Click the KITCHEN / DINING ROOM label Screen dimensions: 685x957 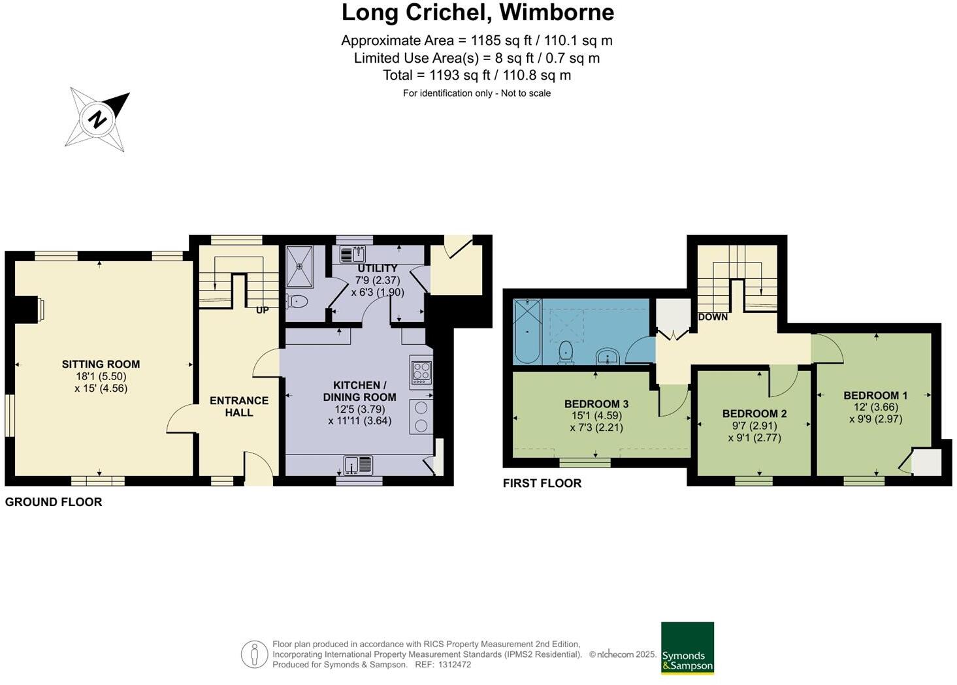tap(359, 391)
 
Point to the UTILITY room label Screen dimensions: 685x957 tap(377, 268)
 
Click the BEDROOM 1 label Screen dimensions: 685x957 tap(875, 395)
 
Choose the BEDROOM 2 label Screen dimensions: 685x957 tap(754, 413)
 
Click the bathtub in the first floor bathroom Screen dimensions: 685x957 tap(527, 331)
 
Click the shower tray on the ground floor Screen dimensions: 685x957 tap(300, 266)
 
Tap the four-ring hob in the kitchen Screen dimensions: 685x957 tap(421, 371)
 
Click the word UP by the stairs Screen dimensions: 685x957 tap(262, 310)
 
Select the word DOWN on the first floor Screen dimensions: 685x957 tap(713, 317)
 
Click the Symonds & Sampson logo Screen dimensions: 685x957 tap(687, 648)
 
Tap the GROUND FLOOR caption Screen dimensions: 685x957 tap(54, 502)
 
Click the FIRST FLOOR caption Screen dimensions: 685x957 tap(542, 483)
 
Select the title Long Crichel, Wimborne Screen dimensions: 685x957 tap(478, 12)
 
